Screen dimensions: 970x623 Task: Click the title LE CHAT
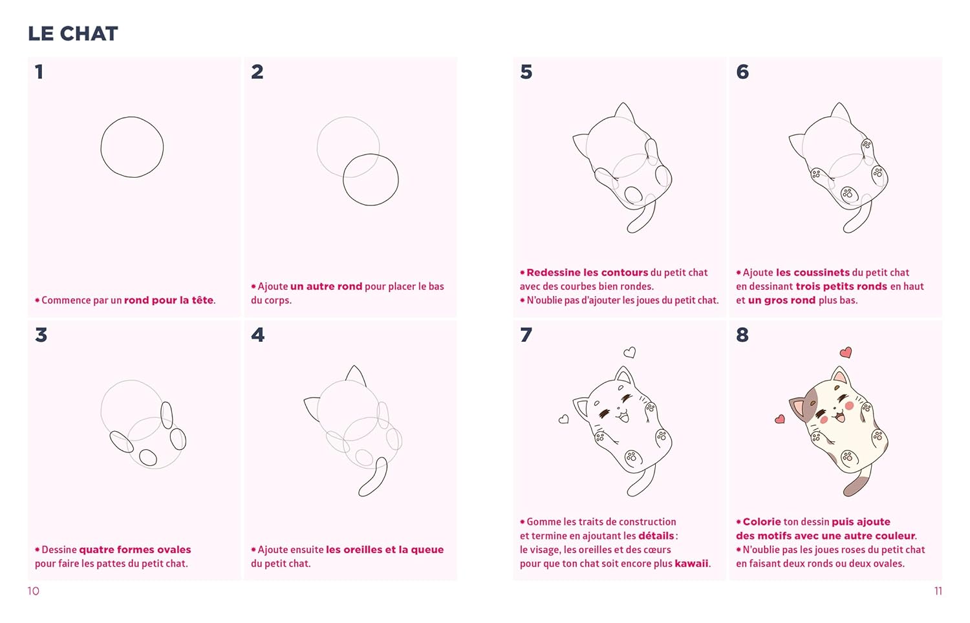pos(72,34)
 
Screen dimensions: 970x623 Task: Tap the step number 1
pos(39,72)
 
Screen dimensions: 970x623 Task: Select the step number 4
pos(257,335)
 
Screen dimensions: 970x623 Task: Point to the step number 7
pos(526,335)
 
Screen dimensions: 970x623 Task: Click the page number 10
pos(34,591)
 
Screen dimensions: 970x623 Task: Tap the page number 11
pos(938,591)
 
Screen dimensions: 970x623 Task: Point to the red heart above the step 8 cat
pos(846,353)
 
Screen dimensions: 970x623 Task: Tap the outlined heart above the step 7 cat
pos(630,353)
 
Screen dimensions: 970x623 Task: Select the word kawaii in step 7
pos(691,564)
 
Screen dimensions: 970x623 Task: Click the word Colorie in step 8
pos(762,522)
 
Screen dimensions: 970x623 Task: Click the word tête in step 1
pos(202,300)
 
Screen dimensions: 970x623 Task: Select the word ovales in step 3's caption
pos(174,549)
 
